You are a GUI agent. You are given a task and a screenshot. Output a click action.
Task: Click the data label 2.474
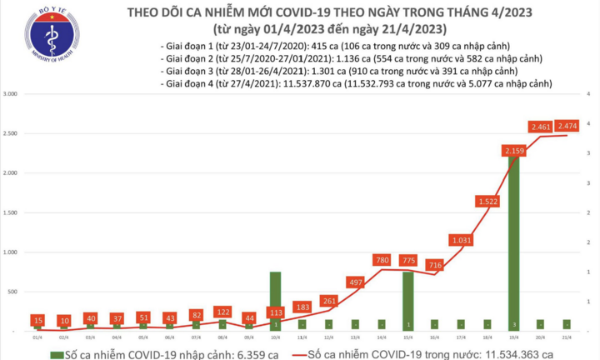570,126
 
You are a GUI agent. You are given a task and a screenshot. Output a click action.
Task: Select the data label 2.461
542,127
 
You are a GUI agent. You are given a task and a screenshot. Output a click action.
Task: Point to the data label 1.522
488,201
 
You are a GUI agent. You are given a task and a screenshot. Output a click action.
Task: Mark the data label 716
434,265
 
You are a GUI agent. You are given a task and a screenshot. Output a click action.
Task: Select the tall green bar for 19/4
515,242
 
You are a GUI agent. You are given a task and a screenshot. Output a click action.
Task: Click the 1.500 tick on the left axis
11,212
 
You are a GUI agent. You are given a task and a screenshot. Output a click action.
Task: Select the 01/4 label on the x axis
37,337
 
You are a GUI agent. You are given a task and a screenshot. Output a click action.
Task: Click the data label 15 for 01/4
37,320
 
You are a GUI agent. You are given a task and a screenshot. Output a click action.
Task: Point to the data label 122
222,312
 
